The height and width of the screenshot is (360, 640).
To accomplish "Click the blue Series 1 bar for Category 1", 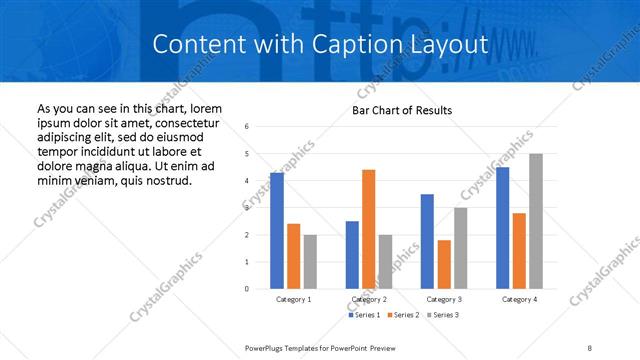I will (277, 231).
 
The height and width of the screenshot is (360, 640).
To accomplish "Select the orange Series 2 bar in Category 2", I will (368, 229).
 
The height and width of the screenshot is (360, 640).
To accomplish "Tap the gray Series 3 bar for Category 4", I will (536, 221).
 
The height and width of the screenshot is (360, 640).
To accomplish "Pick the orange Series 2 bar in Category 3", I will (444, 264).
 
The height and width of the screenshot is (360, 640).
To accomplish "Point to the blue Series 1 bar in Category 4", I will (502, 228).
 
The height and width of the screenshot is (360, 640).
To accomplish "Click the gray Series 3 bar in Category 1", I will (310, 262).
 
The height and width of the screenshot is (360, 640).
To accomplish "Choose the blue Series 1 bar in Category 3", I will (427, 241).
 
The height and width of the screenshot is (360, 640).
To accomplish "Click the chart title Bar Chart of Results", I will (402, 110).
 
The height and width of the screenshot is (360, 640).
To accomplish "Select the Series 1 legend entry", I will (363, 316).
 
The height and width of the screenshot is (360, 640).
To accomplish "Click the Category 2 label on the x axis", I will (368, 299).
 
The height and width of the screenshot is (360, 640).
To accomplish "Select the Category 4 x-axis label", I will (519, 299).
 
